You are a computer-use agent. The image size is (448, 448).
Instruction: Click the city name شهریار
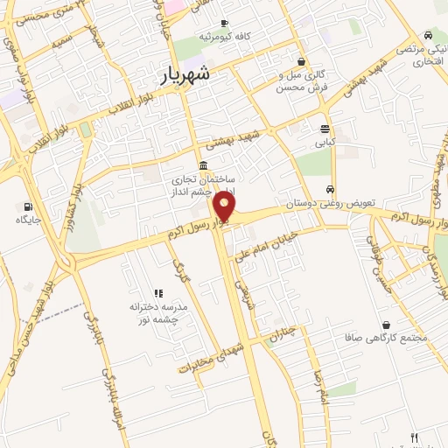(x=185, y=75)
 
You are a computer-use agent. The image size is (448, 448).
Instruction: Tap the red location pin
(x=225, y=208)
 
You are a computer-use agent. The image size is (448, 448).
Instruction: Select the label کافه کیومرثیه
(x=225, y=37)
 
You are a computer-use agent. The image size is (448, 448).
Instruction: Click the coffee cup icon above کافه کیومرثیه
(x=225, y=24)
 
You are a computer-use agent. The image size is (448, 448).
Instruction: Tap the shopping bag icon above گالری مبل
(x=302, y=62)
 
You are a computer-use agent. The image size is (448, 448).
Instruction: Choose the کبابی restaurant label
(x=325, y=141)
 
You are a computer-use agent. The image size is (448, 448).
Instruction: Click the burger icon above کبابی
(x=325, y=128)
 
